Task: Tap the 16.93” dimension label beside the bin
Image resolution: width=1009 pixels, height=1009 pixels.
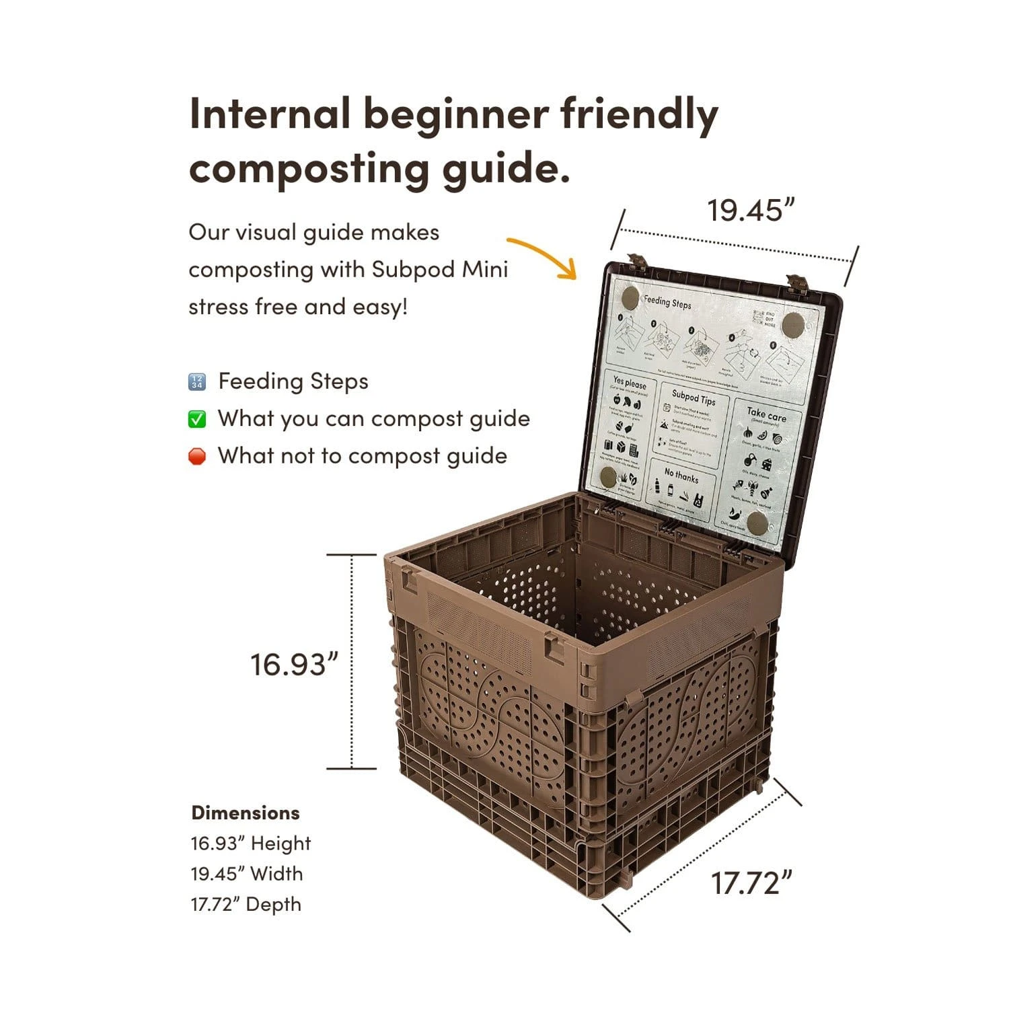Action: [x=293, y=665]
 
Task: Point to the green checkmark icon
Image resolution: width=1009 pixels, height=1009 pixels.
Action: [x=196, y=419]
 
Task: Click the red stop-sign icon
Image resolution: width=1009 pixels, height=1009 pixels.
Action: [x=196, y=457]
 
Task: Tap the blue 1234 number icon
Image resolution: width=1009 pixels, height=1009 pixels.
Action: [x=196, y=382]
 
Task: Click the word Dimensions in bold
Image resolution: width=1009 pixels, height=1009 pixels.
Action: [x=246, y=813]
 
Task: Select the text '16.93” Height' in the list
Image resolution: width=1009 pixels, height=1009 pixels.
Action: [x=250, y=844]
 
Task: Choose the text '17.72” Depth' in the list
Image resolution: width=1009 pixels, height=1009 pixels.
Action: [x=246, y=905]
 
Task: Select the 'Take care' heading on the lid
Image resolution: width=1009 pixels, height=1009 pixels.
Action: [x=766, y=414]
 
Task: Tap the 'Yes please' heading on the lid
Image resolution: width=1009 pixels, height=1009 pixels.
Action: [x=630, y=383]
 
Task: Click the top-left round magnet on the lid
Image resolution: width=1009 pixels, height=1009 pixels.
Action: [x=630, y=298]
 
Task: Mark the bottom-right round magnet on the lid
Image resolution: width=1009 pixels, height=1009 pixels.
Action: [x=757, y=522]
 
